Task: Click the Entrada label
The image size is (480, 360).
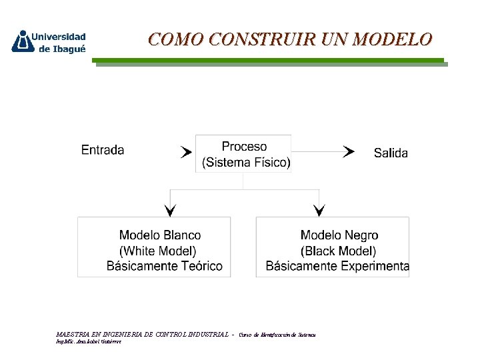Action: [103, 150]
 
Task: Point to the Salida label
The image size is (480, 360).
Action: [391, 153]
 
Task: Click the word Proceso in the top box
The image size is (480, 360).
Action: [244, 147]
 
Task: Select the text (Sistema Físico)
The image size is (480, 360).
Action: [246, 163]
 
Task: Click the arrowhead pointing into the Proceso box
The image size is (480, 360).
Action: [186, 152]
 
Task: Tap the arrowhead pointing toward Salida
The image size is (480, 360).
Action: [349, 152]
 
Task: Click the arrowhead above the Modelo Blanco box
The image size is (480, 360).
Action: [170, 210]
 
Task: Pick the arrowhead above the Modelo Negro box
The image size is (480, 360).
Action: [319, 210]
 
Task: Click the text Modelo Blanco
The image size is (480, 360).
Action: [160, 235]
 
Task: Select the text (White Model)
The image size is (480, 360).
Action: [158, 251]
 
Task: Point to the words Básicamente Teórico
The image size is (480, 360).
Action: [164, 266]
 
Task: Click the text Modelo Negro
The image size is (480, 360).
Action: [339, 235]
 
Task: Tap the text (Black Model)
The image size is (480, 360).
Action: [338, 251]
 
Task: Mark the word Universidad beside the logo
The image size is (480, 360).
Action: [59, 37]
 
